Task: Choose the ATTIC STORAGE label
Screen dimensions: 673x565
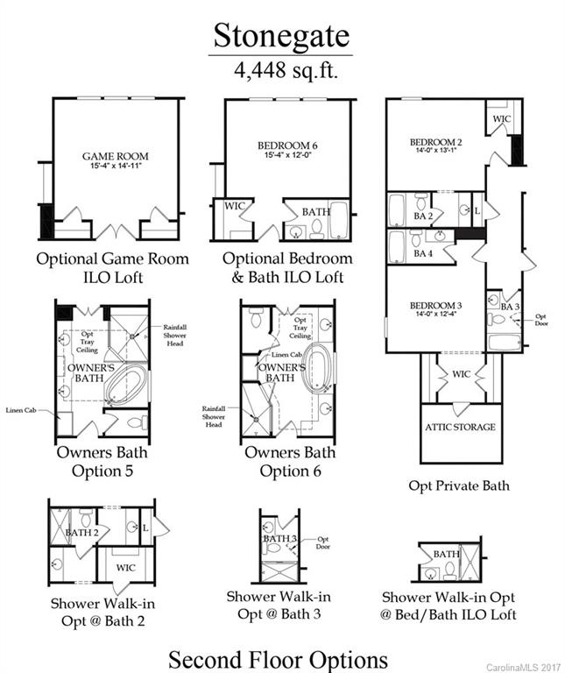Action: pos(461,428)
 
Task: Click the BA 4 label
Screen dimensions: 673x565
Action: pos(424,253)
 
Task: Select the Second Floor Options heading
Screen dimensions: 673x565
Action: pos(279,657)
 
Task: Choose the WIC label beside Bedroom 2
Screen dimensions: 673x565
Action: pos(501,118)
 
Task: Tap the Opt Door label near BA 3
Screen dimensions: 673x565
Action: pos(540,320)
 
